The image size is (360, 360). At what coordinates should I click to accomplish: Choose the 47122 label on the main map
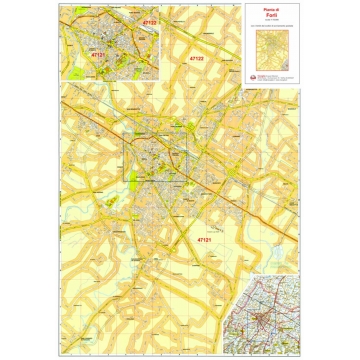point(196,59)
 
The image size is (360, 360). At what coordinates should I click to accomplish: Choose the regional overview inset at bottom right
point(263,320)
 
